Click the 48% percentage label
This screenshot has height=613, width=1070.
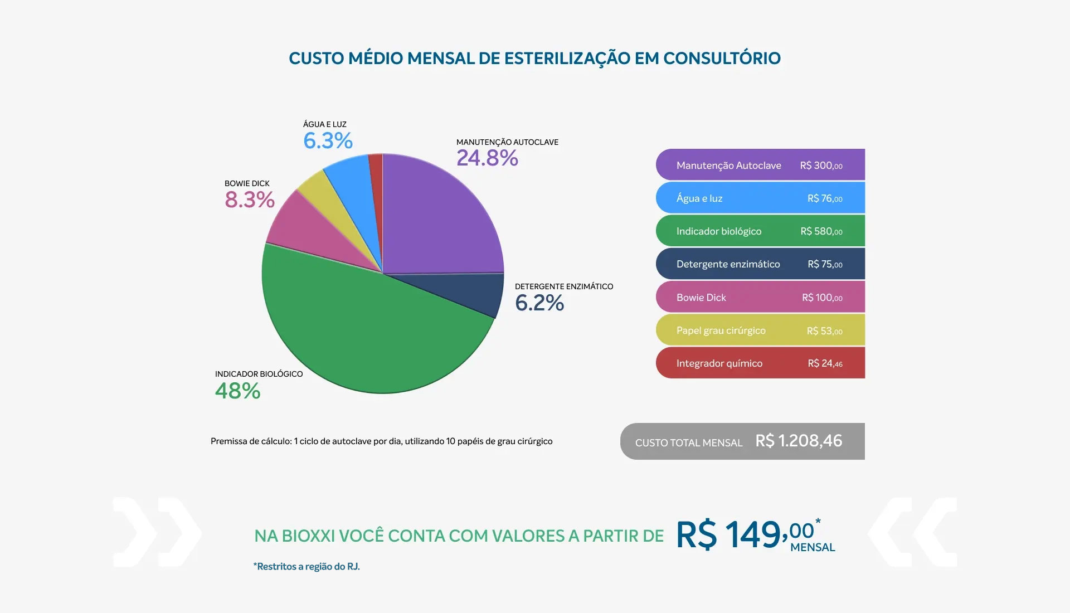pos(238,391)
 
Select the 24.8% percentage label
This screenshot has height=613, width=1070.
pos(487,158)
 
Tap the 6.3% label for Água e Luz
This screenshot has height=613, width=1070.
pos(328,141)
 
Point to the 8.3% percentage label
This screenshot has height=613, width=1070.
pos(250,200)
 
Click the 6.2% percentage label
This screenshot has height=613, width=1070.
pos(539,303)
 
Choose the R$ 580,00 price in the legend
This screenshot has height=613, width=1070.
pos(821,231)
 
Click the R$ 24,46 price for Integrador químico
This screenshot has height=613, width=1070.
pos(825,363)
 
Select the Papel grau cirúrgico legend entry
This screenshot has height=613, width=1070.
pos(721,330)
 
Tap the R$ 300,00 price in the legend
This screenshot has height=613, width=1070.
pos(821,166)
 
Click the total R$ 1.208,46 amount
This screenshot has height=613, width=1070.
pos(799,441)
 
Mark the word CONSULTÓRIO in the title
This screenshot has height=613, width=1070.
pos(722,59)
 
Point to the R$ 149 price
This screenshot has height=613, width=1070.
pos(730,535)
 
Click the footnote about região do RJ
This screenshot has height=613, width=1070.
pos(307,567)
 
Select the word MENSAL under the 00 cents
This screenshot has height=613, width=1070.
pos(813,548)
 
